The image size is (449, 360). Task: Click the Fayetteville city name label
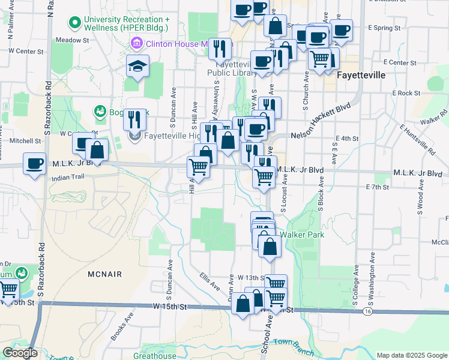coord(360,76)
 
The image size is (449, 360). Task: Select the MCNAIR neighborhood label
coord(104,274)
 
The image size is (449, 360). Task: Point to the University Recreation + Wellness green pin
coord(75,23)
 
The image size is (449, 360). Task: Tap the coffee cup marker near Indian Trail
coord(35,163)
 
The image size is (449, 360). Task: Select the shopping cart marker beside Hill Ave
coord(199,166)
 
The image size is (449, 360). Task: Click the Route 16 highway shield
coord(367,312)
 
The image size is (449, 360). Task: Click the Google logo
coord(19,353)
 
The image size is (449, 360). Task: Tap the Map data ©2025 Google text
coord(412,355)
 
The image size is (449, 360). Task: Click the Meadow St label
coord(72,40)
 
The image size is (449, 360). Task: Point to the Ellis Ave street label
coord(208,281)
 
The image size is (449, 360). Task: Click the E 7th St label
coord(378,187)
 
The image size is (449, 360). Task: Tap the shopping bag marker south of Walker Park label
coord(270,246)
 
